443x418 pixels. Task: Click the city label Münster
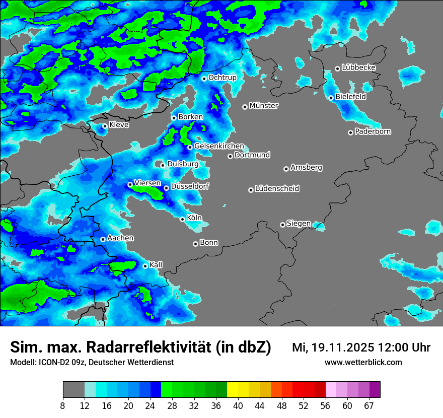[x=264, y=106]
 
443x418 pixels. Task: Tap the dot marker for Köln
[x=183, y=219]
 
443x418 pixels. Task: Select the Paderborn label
[x=373, y=132]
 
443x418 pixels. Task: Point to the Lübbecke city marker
[x=337, y=68]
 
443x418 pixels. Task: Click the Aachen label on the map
[x=120, y=238]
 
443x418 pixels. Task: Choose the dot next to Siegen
[x=283, y=225]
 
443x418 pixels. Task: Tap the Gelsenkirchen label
[x=219, y=146]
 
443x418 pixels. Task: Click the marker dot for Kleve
[x=105, y=126]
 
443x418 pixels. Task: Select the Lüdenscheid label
[x=277, y=189]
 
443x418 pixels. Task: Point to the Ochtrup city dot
[x=204, y=79]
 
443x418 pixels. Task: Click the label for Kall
[x=156, y=265]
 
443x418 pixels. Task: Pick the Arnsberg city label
[x=306, y=167]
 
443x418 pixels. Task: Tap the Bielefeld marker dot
[x=331, y=98]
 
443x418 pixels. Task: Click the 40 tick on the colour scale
[x=238, y=405]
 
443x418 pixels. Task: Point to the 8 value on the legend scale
[x=63, y=405]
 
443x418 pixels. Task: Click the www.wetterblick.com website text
[x=363, y=362]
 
